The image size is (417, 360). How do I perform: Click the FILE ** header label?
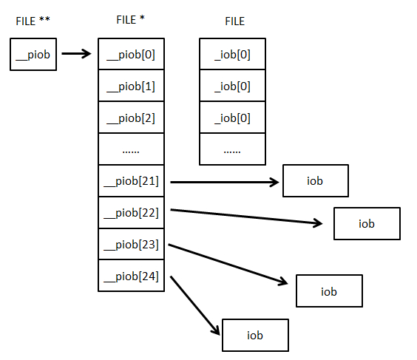(x=33, y=21)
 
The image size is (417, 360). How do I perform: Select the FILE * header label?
(x=130, y=20)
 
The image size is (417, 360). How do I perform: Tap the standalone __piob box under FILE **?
(x=33, y=54)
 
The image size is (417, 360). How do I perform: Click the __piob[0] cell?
(x=131, y=54)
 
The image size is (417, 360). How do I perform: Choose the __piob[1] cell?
(x=131, y=85)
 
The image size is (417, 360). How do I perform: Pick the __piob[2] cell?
(x=131, y=118)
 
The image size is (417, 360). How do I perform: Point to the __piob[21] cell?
(x=131, y=181)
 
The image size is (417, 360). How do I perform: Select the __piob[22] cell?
(x=131, y=212)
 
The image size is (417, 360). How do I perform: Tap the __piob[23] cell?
(x=131, y=244)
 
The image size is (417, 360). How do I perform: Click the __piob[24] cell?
(x=131, y=276)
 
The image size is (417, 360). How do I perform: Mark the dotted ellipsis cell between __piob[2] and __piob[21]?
(x=131, y=149)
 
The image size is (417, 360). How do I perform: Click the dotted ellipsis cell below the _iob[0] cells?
(x=232, y=149)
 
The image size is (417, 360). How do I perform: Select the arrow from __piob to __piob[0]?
(x=76, y=54)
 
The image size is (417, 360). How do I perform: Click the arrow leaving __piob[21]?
(x=225, y=182)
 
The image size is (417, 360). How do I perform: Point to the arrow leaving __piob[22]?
(x=246, y=217)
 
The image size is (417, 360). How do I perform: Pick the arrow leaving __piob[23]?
(x=228, y=264)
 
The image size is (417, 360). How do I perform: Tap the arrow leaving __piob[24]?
(x=195, y=305)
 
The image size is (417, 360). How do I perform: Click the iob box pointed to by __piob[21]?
(x=316, y=181)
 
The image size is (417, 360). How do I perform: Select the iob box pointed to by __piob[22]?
(x=367, y=223)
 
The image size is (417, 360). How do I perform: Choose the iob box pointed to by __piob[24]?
(x=255, y=336)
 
